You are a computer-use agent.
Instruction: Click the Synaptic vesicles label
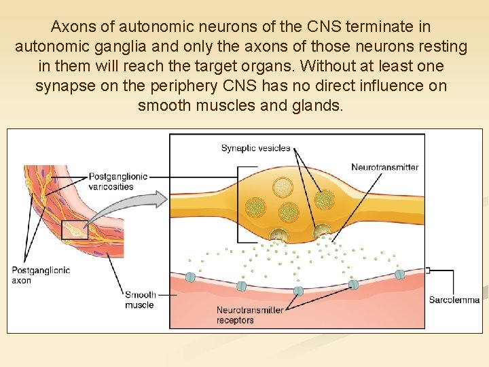click(x=255, y=148)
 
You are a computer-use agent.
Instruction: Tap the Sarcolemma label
click(x=454, y=300)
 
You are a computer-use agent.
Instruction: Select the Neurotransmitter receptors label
click(x=250, y=315)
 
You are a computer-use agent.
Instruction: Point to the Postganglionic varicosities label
click(x=118, y=181)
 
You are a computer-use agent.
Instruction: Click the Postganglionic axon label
click(x=41, y=275)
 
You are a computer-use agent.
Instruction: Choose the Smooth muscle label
click(x=140, y=300)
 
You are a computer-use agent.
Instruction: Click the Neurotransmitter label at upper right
click(x=384, y=167)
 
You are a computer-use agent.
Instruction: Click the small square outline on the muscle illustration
click(x=75, y=230)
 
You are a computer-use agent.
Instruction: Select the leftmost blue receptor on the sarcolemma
click(x=191, y=277)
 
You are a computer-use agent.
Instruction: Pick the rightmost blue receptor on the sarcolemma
click(x=400, y=275)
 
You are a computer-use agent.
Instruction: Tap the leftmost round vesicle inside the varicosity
click(x=255, y=207)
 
